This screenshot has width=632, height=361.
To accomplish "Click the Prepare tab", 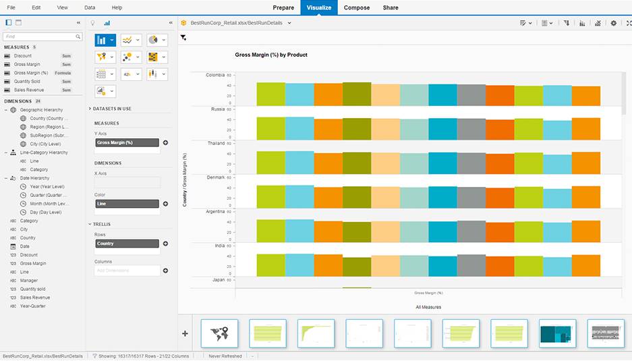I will tap(283, 7).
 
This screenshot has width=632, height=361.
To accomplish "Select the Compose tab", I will tap(357, 7).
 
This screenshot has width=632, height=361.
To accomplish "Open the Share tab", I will tap(390, 7).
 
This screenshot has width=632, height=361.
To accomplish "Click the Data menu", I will tap(90, 7).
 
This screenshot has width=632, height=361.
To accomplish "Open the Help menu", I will tap(117, 7).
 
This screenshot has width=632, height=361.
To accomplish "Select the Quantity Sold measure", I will tap(27, 81).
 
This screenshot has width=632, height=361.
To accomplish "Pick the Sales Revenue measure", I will tap(29, 89).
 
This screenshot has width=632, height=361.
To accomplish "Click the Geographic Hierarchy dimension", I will tap(41, 109).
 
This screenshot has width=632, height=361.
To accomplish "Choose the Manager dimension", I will tap(29, 280).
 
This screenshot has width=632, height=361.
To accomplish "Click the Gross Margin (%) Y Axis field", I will tap(127, 143).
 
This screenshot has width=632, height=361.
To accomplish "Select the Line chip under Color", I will tap(127, 203).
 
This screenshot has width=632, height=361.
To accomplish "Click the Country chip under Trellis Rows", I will tap(127, 244).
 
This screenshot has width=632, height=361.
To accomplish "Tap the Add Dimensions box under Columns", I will tap(127, 271).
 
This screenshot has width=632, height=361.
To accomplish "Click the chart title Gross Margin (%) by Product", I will tap(270, 55).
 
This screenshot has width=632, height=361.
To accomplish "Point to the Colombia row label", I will tap(215, 75).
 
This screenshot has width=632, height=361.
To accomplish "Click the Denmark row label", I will tap(215, 177).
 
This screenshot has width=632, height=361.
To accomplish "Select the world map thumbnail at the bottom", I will tap(219, 333).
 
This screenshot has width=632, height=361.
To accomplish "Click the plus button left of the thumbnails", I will tap(185, 333).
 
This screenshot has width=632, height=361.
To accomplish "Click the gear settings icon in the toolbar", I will tap(613, 23).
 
